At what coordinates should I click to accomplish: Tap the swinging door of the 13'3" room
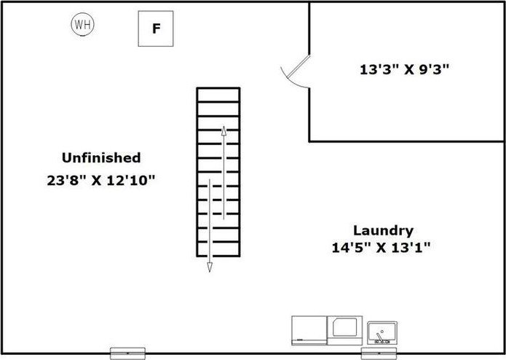click(299, 66)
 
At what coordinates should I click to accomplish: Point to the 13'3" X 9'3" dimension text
click(404, 69)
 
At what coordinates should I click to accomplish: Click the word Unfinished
click(101, 157)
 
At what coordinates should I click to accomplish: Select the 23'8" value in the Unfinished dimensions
click(67, 181)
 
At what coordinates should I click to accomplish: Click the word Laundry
click(383, 231)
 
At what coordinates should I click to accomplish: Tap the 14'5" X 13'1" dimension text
click(381, 248)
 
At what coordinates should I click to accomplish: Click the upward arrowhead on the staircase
click(224, 130)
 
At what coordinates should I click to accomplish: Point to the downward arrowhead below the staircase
click(210, 267)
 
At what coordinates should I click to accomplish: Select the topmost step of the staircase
click(218, 95)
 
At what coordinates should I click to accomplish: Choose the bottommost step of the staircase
click(218, 249)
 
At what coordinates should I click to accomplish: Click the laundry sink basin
click(382, 333)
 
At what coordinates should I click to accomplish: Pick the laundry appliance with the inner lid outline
click(344, 331)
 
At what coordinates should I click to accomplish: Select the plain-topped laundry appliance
click(309, 331)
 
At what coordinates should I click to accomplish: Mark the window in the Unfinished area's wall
click(127, 353)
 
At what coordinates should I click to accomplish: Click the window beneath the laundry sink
click(379, 353)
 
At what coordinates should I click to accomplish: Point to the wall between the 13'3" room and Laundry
click(406, 141)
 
